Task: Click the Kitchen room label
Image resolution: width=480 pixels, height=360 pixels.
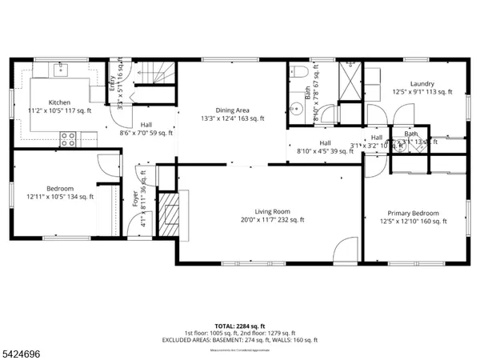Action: (x=59, y=102)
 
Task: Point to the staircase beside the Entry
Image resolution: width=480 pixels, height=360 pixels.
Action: (x=152, y=76)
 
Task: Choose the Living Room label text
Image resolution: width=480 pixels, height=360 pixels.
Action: (x=265, y=212)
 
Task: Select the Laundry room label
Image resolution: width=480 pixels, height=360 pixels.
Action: (x=422, y=84)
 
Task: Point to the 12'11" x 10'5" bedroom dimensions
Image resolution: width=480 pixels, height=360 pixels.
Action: (x=59, y=196)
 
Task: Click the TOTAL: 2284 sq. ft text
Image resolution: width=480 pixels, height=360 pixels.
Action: (x=239, y=326)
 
